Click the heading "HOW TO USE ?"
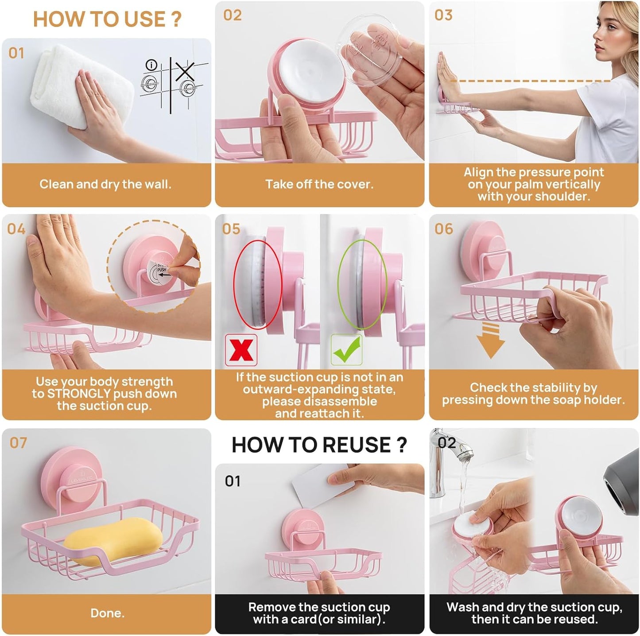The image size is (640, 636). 107,19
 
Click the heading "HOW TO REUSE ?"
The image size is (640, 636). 319,445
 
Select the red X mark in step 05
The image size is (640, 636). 241,349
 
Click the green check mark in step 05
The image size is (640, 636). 346,349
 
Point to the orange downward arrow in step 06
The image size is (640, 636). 490,341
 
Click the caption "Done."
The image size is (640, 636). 107,613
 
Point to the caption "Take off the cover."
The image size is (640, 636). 319,184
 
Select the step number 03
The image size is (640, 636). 443,15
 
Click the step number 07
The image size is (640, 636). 18,442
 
